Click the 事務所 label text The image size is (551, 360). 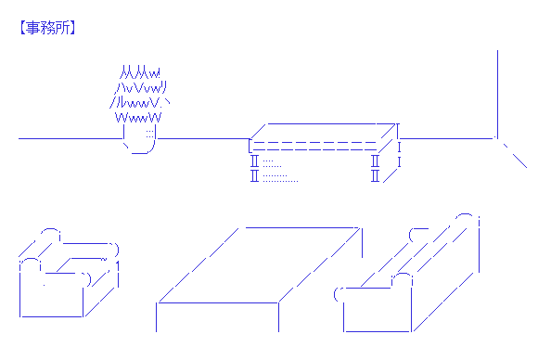47,28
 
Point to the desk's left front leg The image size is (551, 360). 254,168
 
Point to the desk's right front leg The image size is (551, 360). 375,168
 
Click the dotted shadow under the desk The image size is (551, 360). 280,171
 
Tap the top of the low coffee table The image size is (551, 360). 260,265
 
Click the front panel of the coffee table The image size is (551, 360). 217,317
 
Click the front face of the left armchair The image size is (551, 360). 51,299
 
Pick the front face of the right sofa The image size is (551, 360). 377,309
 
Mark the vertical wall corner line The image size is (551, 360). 497,94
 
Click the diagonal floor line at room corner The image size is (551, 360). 515,156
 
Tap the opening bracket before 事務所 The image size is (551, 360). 22,28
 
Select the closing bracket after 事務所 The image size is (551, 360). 72,28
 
